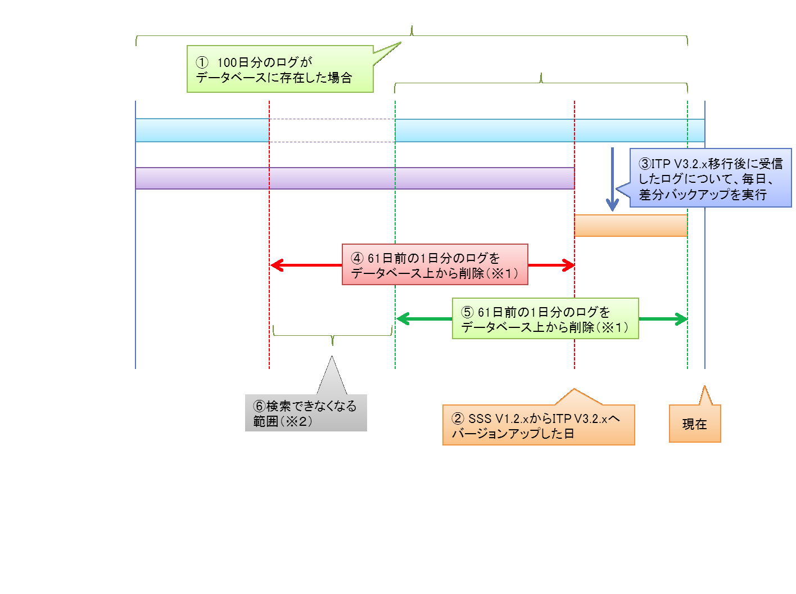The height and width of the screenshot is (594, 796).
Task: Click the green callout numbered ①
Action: [280, 69]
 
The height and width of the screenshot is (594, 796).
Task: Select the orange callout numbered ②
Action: [538, 425]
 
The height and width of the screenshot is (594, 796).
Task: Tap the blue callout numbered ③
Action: [710, 178]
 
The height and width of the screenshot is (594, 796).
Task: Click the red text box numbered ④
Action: [435, 265]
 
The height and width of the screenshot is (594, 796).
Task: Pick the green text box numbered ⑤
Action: [545, 319]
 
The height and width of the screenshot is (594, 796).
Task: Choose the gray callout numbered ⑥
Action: [305, 413]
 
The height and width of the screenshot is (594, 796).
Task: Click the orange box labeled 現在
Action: [694, 424]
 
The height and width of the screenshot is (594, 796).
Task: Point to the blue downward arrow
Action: [612, 180]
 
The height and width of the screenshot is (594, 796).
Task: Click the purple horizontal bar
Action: [354, 178]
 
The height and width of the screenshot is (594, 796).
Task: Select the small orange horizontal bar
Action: [630, 226]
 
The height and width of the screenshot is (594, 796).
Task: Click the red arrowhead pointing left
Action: [276, 265]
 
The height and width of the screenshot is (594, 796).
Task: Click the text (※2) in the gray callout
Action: [296, 421]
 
